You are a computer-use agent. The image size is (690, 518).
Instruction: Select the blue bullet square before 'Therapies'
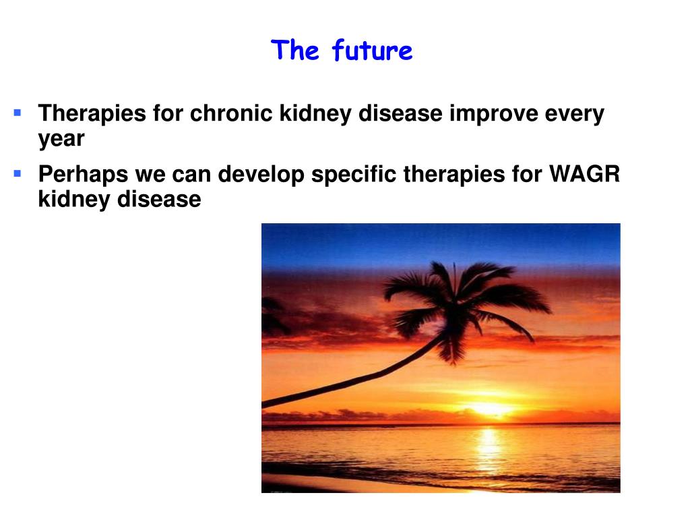18,113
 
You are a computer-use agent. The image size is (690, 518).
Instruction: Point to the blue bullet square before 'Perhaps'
18,173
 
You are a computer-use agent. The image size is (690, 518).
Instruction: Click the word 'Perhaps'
83,175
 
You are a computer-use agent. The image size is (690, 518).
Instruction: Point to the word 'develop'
261,175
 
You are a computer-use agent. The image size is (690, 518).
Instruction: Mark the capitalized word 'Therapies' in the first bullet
92,114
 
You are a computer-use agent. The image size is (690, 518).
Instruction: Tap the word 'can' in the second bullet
191,177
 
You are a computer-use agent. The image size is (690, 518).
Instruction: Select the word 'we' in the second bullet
150,177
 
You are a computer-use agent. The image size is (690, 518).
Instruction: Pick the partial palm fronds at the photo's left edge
273,316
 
